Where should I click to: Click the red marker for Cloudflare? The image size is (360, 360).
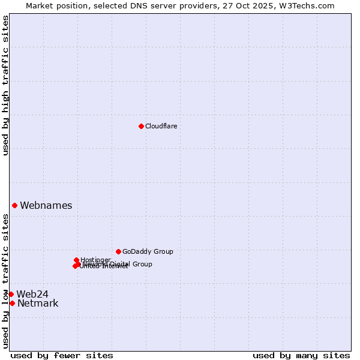(141, 126)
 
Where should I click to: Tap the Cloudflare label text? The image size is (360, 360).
(161, 126)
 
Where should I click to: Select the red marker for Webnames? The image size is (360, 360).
(14, 205)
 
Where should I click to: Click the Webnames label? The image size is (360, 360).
(46, 206)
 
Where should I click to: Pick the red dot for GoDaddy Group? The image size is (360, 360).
(118, 251)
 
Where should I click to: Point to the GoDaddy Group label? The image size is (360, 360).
(148, 252)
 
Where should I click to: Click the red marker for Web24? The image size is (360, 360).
(11, 294)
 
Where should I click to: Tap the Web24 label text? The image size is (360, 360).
(32, 294)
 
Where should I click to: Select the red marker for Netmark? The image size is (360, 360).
(12, 303)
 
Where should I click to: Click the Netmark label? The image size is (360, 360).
(38, 304)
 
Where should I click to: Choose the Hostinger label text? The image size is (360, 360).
(95, 260)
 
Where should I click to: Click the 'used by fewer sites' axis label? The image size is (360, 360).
(62, 355)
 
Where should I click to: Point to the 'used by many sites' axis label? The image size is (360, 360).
(301, 355)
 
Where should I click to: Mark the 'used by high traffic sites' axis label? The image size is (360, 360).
(5, 86)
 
